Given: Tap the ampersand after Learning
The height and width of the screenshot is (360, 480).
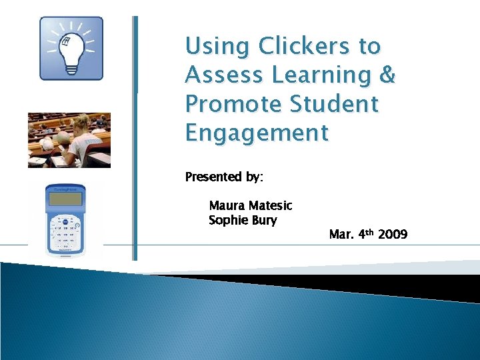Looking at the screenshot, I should pyautogui.click(x=387, y=75).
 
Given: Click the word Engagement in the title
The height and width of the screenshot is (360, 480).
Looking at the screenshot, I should pyautogui.click(x=257, y=133).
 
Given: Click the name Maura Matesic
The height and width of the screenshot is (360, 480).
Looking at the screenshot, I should pyautogui.click(x=250, y=206).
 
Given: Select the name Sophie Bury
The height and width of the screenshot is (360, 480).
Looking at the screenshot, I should pyautogui.click(x=243, y=221).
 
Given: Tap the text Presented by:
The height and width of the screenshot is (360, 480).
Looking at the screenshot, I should pyautogui.click(x=224, y=177).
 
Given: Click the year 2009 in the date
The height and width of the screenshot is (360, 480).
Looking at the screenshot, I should pyautogui.click(x=393, y=235).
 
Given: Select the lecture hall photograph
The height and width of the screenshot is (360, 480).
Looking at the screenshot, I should pyautogui.click(x=69, y=140).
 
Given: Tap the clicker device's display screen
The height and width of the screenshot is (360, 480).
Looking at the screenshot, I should pyautogui.click(x=65, y=199).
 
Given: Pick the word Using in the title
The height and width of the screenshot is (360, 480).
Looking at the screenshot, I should pyautogui.click(x=217, y=47).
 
